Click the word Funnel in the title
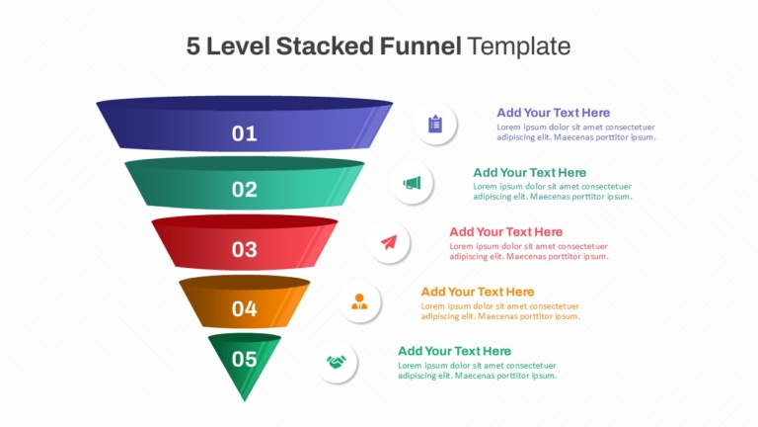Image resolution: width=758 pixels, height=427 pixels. pos(420,46)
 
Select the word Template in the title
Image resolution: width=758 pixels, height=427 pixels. pos(519,46)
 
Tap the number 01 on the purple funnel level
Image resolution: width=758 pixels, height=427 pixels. pos(244,133)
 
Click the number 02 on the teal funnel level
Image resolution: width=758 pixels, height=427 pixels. pos(244,190)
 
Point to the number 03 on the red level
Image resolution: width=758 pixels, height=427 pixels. pos(244,249)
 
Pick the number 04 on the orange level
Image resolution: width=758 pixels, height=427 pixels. pos(244,308)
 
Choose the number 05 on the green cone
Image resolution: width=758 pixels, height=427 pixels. pos(244,359)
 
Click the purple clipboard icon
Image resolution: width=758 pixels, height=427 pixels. pos(435,124)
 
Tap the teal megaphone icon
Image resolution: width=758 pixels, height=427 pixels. pos(412,183)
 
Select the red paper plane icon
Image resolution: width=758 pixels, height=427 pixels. pos(389,242)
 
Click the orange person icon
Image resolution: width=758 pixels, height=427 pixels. pos(359,301)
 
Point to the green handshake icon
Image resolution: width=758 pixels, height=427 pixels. pos(336,362)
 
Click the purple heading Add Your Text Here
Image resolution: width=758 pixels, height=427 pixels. pos(553,113)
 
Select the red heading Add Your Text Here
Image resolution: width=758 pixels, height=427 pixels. pos(505,232)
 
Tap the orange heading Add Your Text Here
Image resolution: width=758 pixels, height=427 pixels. pos(477,292)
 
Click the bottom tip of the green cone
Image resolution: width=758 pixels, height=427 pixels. pos(245,401)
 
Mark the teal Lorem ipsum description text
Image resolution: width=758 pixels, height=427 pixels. pos(553,192)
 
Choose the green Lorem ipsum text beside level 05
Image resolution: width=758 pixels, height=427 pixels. pos(477,371)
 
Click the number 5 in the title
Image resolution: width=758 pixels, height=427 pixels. pos(192,46)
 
